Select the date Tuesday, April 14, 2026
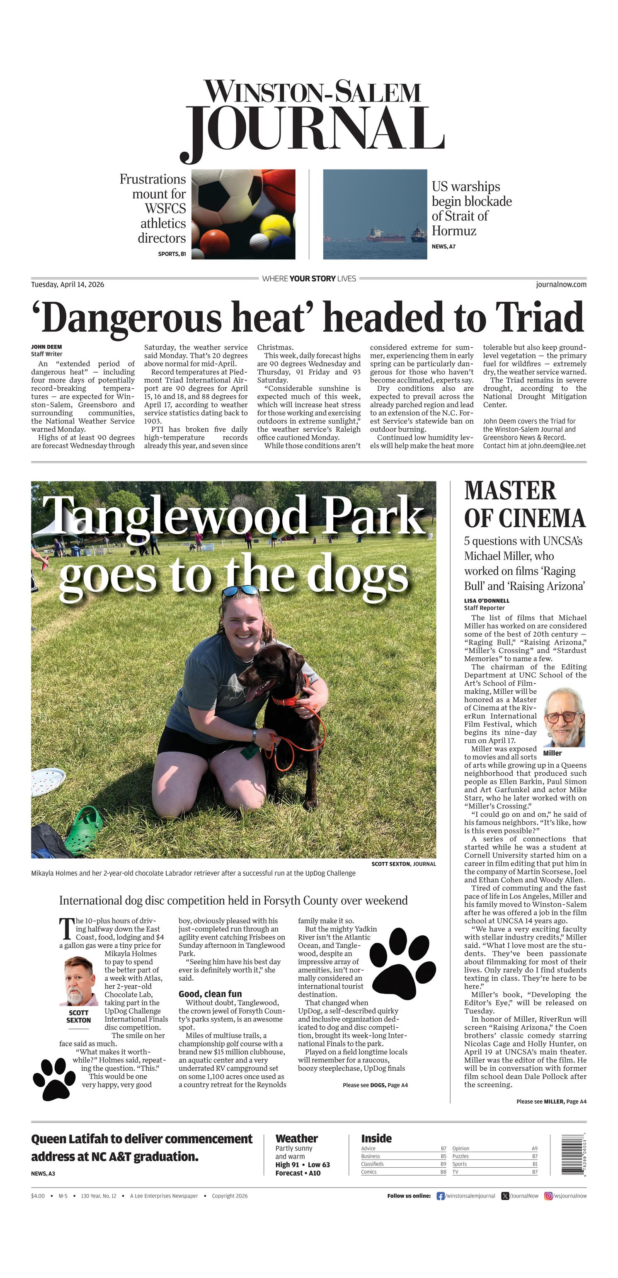click(68, 284)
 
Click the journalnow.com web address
click(561, 284)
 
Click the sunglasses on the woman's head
click(241, 591)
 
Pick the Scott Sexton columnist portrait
click(78, 981)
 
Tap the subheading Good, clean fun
click(210, 994)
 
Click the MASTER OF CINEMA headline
click(525, 505)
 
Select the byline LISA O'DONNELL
click(487, 600)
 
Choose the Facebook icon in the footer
click(440, 1196)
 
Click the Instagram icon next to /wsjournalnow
click(548, 1196)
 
